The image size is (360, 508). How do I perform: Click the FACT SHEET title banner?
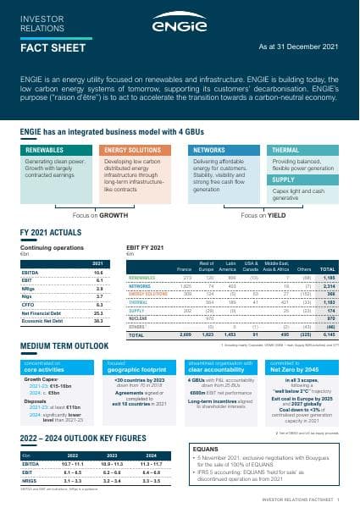coord(51,48)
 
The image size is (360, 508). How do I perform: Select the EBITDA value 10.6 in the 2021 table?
coord(97,273)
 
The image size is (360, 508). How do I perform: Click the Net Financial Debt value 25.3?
coord(97,312)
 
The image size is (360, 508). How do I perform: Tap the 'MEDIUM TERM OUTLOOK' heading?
coord(61,346)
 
